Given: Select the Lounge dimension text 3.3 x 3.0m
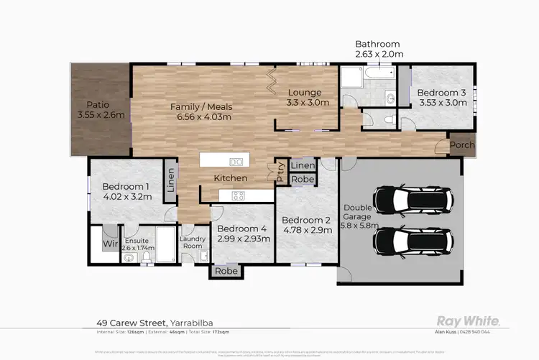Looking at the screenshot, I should click(x=308, y=103).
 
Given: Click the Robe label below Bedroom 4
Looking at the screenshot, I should click(x=226, y=272).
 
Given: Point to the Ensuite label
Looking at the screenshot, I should click(x=135, y=240).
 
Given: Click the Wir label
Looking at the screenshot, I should click(x=109, y=244).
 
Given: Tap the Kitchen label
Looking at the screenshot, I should click(x=230, y=177).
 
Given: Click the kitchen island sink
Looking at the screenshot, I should click(x=235, y=161).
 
